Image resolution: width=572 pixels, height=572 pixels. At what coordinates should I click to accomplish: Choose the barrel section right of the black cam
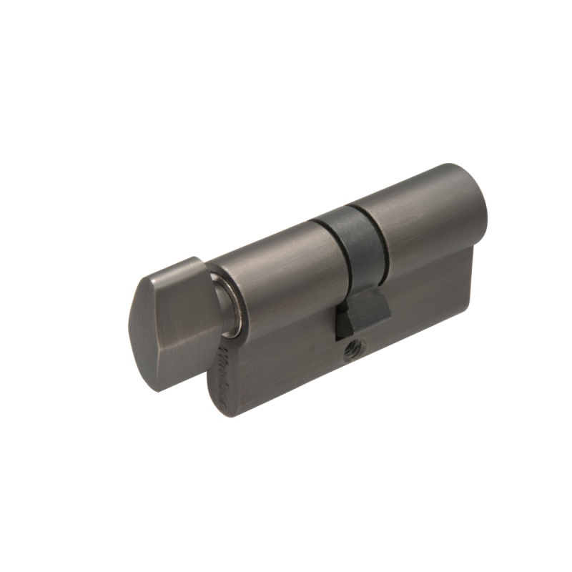coord(422,214)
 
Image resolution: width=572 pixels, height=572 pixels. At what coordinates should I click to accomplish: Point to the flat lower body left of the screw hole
coord(286,357)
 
